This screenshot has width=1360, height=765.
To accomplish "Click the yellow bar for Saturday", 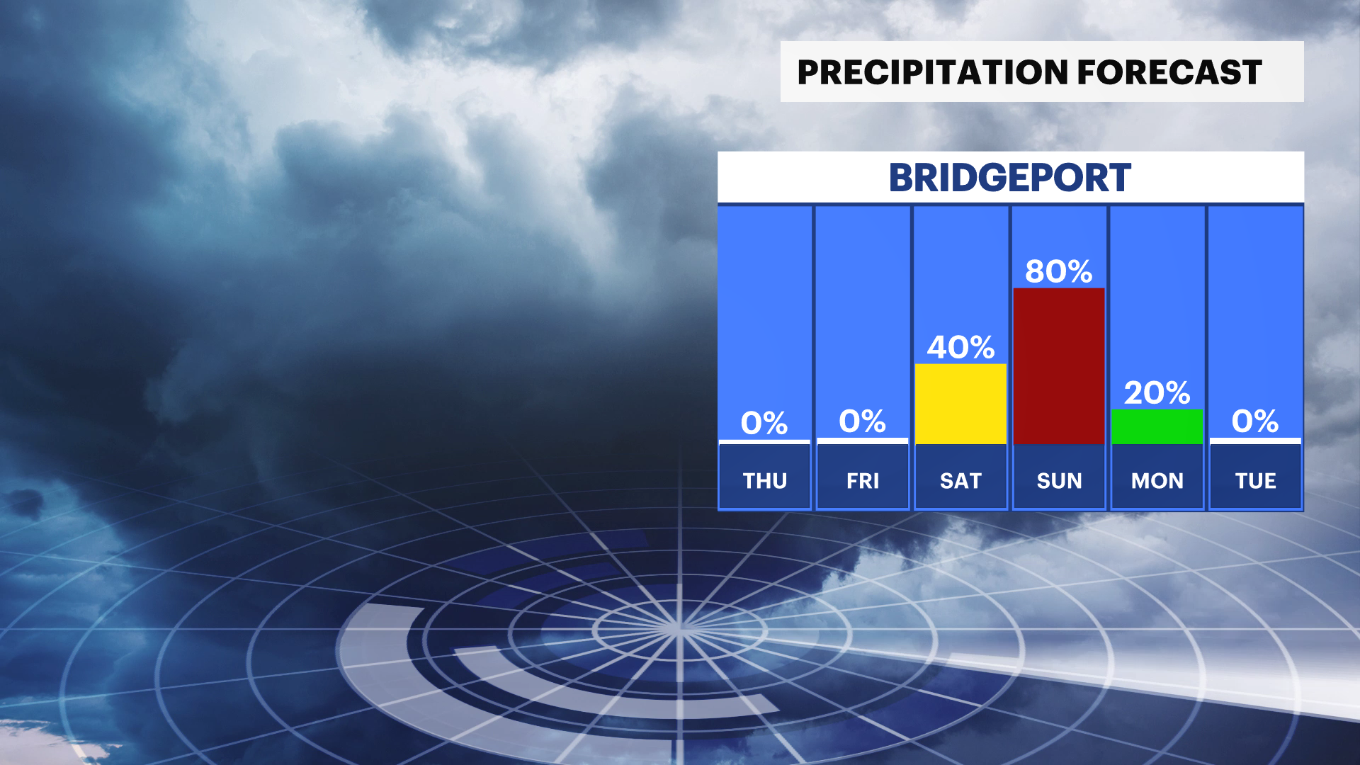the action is (960, 404).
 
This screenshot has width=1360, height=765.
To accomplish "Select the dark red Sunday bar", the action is (1059, 366).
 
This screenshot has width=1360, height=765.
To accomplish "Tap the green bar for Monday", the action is (1157, 426).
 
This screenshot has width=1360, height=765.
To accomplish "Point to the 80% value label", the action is (1059, 271).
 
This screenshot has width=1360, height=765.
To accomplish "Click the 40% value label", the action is (961, 347).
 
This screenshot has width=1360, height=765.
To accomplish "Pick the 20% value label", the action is (1157, 392).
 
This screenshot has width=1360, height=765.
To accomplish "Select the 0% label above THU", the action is (764, 423).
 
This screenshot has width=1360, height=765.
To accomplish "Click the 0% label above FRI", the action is (863, 421).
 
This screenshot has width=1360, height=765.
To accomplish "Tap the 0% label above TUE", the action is (1255, 421).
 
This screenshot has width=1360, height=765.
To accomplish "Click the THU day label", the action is (765, 481).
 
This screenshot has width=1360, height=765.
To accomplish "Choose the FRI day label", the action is (863, 481).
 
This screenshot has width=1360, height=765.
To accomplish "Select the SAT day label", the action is (960, 481).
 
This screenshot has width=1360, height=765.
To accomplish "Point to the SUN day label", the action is (1060, 481).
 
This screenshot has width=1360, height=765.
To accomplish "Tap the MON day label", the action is (1157, 481).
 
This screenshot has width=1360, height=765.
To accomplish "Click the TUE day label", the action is (1256, 481).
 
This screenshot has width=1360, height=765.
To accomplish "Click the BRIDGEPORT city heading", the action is (1010, 178).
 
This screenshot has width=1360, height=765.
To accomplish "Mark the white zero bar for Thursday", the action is (764, 442).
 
